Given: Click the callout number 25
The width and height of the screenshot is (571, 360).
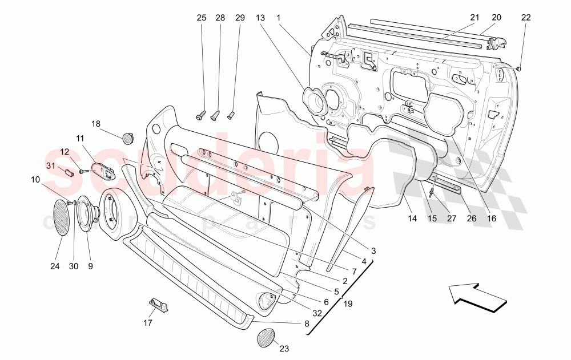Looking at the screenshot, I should (202, 18).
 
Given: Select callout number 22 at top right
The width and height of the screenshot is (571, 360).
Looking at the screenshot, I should (526, 18).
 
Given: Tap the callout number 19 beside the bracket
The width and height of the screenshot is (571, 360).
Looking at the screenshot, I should (348, 304).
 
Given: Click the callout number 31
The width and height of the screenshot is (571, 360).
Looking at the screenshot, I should (51, 166).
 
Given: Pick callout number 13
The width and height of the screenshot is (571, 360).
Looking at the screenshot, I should (260, 18).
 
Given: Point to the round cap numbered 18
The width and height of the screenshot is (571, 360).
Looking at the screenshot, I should (127, 137).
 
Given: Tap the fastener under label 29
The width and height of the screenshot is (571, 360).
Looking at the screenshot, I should (232, 115).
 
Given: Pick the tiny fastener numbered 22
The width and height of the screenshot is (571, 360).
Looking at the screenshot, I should (519, 68).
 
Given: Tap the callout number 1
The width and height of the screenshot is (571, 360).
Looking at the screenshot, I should (279, 18).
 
